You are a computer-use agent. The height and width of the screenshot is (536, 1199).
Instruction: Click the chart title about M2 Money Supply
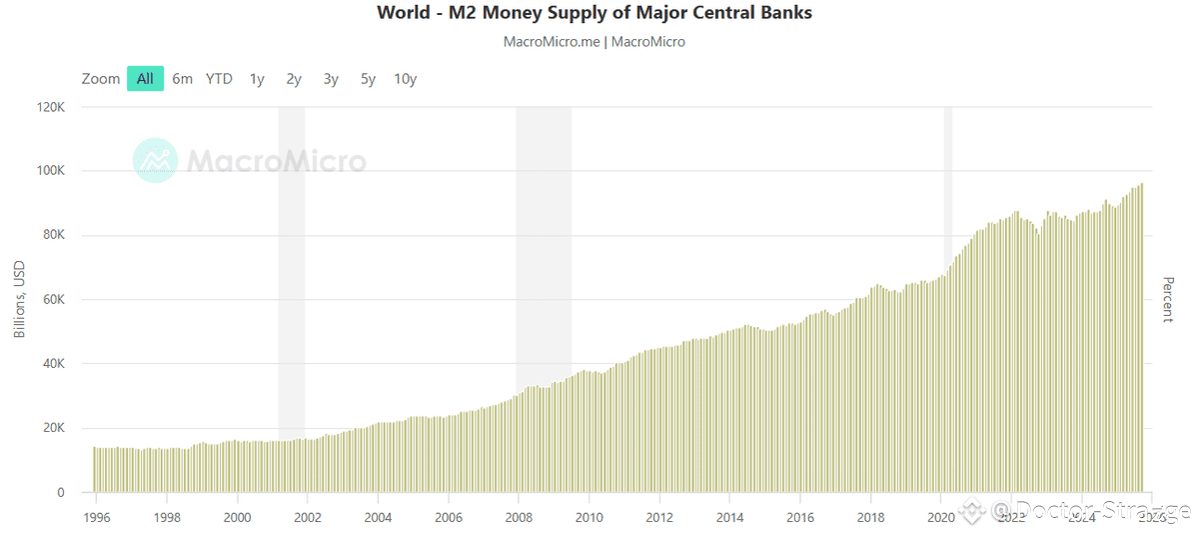(595, 13)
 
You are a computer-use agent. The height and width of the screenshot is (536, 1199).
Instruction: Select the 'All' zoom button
(145, 79)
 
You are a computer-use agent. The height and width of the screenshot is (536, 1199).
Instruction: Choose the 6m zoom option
(182, 79)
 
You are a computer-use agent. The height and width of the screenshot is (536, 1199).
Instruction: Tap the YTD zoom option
(219, 79)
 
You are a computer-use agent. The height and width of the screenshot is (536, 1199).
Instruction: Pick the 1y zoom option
(257, 79)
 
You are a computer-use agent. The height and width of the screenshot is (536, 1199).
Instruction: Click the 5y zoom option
(368, 79)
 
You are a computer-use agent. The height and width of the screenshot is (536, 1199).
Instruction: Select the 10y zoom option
(405, 79)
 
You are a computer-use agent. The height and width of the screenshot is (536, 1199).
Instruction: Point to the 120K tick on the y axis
(50, 107)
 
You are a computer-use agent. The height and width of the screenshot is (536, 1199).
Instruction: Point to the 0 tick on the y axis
(60, 492)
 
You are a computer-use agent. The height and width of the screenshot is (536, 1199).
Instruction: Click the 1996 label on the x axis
(96, 517)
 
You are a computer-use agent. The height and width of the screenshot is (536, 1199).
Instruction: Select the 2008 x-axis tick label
(519, 517)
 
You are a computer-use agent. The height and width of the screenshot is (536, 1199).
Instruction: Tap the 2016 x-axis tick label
(799, 517)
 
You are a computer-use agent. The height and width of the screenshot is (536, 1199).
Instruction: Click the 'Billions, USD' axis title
(20, 300)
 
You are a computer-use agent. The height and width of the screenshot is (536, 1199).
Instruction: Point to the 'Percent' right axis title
(1167, 299)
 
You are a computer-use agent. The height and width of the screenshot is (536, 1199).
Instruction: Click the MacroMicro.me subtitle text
(595, 42)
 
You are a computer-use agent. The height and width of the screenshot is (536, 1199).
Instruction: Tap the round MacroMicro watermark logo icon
(155, 160)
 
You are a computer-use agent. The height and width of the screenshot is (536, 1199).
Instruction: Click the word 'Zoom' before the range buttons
(101, 79)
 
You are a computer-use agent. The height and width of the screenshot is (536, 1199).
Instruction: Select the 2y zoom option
(294, 79)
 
